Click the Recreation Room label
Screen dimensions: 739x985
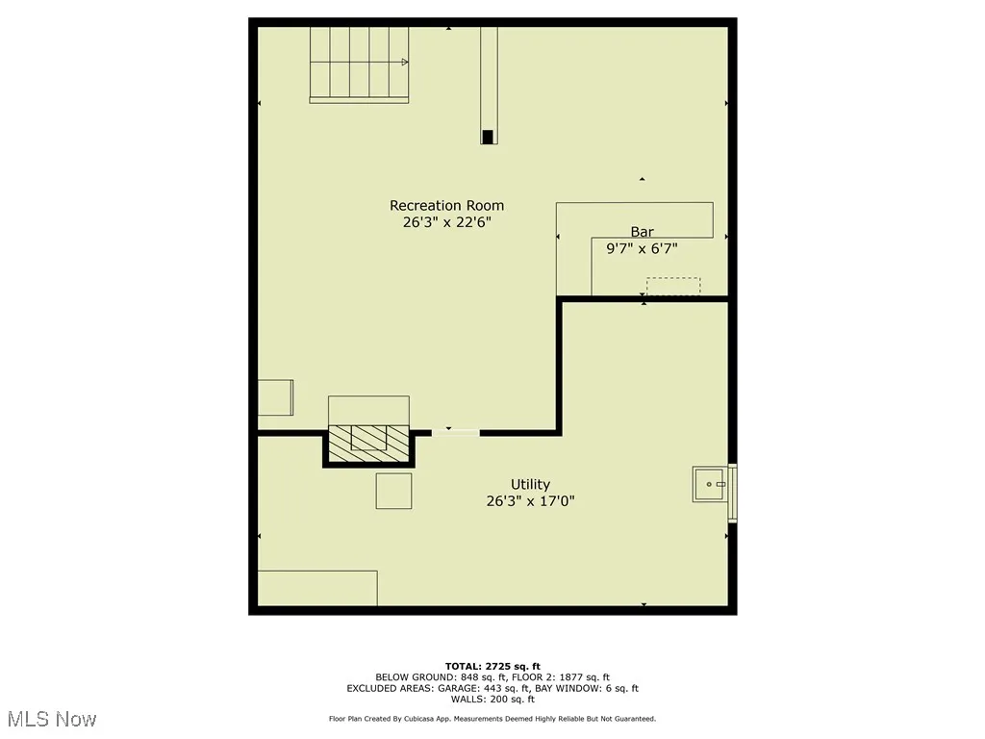[446, 205]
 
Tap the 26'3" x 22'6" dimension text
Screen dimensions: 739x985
[446, 222]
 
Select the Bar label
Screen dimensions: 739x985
[642, 231]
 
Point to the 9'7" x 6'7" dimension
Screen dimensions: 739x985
[642, 248]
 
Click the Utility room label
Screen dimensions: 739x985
[530, 484]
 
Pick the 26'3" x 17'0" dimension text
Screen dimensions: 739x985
[530, 500]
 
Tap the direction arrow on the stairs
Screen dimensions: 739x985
[404, 63]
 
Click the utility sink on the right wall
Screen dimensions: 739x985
[711, 484]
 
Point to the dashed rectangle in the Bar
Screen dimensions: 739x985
[672, 287]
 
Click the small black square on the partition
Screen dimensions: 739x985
[489, 137]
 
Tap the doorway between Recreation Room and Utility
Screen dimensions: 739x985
[455, 432]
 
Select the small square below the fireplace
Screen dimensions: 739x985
[393, 491]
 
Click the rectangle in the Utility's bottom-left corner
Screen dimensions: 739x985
[317, 588]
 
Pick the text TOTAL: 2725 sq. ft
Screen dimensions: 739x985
[492, 666]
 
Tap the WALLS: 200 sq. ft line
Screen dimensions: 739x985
[492, 700]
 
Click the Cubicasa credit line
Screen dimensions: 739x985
[492, 719]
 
